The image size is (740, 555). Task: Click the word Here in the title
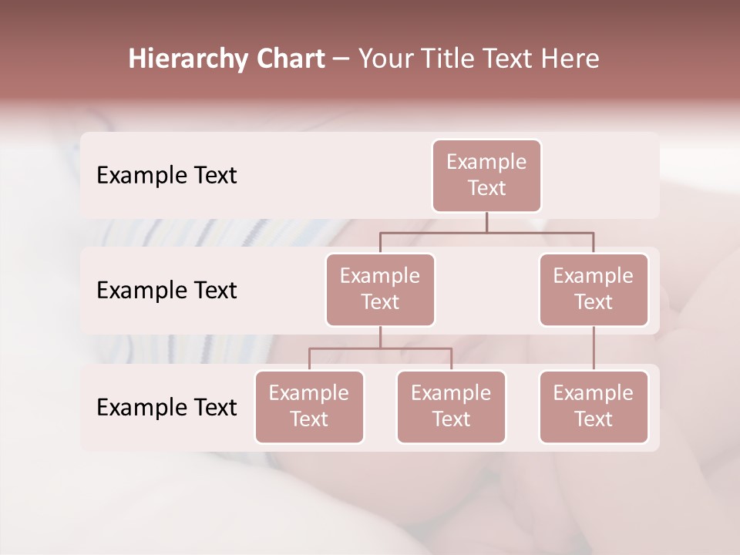coord(570,59)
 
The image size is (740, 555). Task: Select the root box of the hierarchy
coord(486,176)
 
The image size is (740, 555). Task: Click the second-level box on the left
coord(380,290)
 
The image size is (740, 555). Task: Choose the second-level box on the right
coord(594,290)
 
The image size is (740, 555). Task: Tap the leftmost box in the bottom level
coord(309,407)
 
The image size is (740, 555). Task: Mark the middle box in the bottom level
coord(451,407)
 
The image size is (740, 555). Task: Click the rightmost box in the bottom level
coord(594,407)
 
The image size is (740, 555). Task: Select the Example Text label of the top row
coord(166,176)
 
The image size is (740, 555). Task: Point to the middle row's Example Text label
coord(166,291)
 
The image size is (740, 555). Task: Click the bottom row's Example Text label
coord(166,407)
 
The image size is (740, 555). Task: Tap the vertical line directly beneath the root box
coord(486,222)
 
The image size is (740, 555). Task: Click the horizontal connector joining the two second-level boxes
coord(486,232)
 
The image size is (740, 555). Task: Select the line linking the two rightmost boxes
coord(594,348)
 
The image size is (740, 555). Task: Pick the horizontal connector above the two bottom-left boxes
coord(380,348)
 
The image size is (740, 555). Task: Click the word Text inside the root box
coord(486,188)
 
